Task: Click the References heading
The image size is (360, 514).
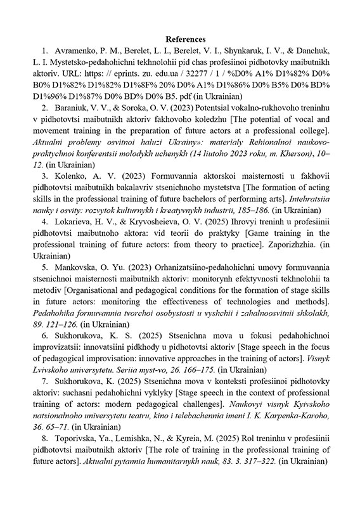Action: tap(179, 39)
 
